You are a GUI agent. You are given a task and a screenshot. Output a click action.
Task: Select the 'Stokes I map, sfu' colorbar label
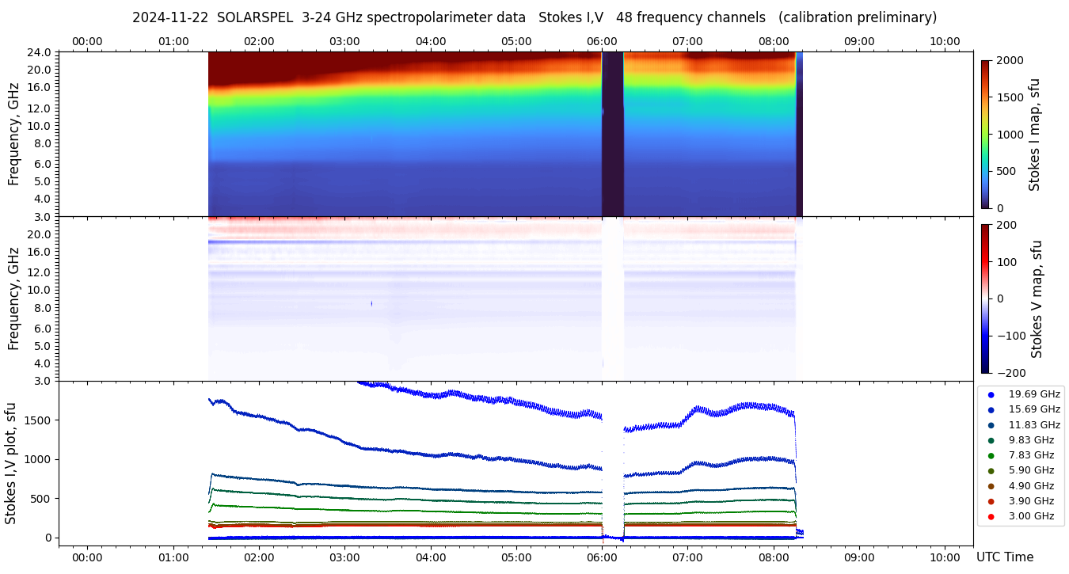click(1034, 134)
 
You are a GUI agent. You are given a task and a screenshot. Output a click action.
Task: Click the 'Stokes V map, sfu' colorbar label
click(1036, 299)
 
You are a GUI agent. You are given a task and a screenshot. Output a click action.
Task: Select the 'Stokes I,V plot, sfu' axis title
click(11, 463)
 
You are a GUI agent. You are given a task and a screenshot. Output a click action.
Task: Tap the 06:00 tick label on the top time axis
click(602, 41)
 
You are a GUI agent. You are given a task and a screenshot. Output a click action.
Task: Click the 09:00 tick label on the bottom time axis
click(859, 557)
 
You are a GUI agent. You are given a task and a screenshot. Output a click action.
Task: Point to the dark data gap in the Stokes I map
click(613, 135)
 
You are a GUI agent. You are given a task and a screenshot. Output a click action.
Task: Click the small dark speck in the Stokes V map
click(371, 303)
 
